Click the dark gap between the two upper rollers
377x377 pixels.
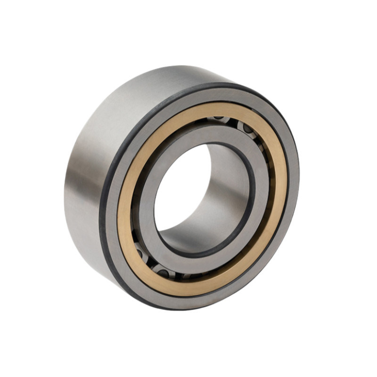coord(233,122)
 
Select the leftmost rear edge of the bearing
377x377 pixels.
coord(65,188)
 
